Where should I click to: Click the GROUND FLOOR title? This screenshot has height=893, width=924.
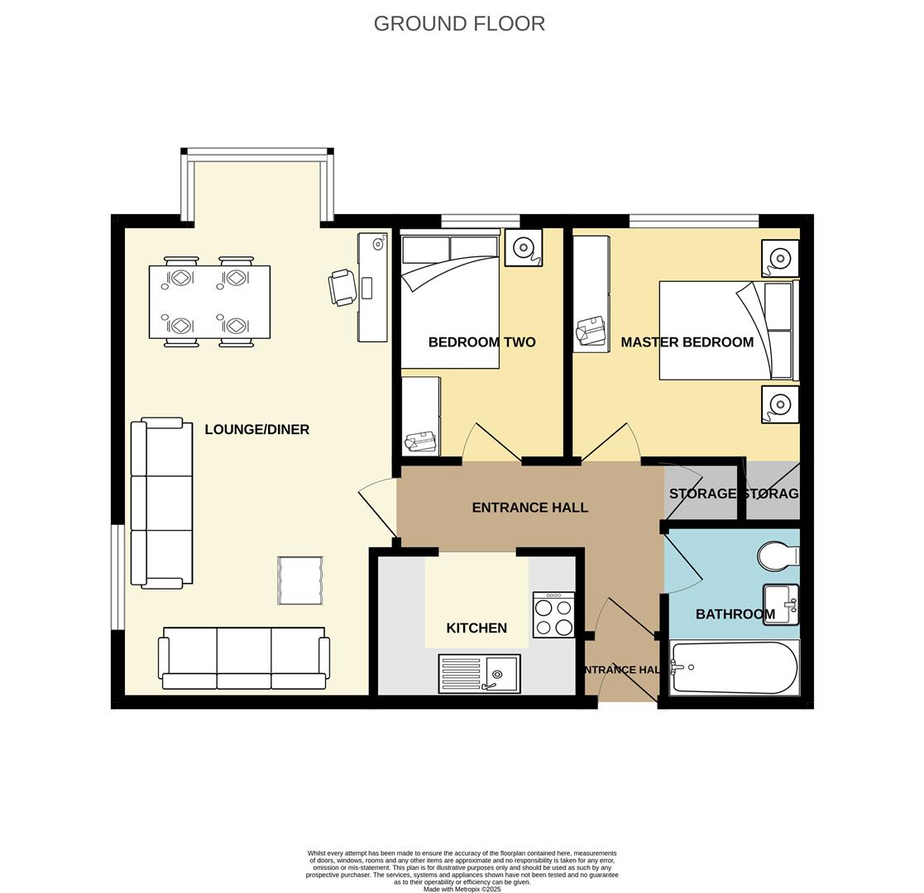pyautogui.click(x=459, y=24)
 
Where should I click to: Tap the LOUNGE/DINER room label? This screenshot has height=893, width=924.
pyautogui.click(x=256, y=429)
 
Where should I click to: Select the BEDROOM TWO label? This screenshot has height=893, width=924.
pyautogui.click(x=481, y=342)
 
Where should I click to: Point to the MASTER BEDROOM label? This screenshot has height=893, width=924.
pyautogui.click(x=687, y=342)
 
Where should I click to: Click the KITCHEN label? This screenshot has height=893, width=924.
pyautogui.click(x=476, y=628)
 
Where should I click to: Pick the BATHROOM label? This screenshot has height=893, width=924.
pyautogui.click(x=735, y=614)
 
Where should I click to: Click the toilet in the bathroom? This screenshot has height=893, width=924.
pyautogui.click(x=778, y=556)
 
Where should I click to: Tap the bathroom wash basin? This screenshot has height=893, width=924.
pyautogui.click(x=780, y=604)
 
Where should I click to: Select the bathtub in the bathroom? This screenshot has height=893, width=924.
pyautogui.click(x=734, y=667)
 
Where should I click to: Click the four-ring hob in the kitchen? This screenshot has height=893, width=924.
pyautogui.click(x=553, y=615)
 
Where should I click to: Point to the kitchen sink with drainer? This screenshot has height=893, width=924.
pyautogui.click(x=479, y=674)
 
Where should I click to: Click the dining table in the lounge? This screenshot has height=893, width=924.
pyautogui.click(x=209, y=302)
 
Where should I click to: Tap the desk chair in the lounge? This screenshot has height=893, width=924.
pyautogui.click(x=342, y=287)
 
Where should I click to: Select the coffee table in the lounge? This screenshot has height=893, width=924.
pyautogui.click(x=299, y=580)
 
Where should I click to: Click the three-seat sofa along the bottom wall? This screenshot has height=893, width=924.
pyautogui.click(x=244, y=657)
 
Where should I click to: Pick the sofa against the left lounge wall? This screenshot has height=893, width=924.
pyautogui.click(x=162, y=503)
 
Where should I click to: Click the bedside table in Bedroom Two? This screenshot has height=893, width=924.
pyautogui.click(x=523, y=247)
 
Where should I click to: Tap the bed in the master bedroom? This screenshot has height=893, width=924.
pyautogui.click(x=726, y=331)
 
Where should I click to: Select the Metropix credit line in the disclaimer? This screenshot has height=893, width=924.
pyautogui.click(x=462, y=890)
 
